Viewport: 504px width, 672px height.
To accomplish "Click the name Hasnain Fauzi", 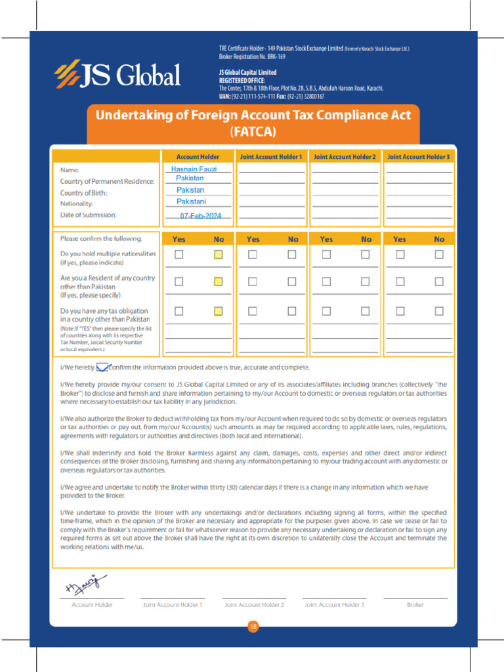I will coord(194,169).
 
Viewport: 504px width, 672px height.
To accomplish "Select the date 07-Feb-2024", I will coord(201,216).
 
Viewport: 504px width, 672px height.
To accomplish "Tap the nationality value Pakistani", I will coord(191,201).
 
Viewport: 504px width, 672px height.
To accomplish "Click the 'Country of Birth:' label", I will coord(83,193).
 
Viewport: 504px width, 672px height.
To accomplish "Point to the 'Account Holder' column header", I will coord(198,157).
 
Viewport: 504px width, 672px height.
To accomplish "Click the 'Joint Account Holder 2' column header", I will coord(345,157).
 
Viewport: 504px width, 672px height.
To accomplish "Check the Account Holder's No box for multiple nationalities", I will coord(219,255).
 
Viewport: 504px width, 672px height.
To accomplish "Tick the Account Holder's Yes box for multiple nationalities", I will coord(178,255).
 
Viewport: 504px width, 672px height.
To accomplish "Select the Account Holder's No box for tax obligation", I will coord(219,311).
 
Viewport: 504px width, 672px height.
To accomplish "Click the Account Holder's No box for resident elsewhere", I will coord(219,282).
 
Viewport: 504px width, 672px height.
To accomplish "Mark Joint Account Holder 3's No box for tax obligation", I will coord(439,311).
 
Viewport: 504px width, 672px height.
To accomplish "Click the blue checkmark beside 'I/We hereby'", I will coord(102,367).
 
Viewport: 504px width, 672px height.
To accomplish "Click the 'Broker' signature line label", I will coord(415,604).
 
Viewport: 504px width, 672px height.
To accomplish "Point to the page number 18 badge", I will coord(253,627).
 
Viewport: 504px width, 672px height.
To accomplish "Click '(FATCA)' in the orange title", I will coord(253,131).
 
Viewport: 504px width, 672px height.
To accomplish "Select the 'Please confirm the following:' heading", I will coord(100,239).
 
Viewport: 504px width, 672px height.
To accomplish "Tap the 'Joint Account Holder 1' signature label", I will coord(173,604).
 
